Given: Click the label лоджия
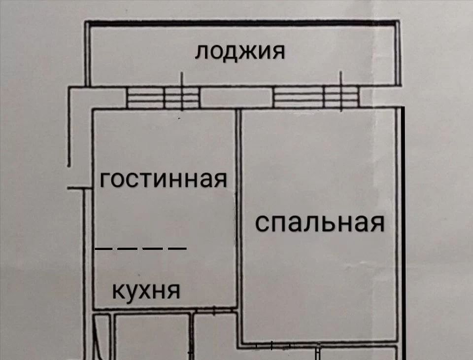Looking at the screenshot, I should point(239,52).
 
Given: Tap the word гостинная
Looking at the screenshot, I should point(163,180).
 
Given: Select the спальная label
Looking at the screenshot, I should point(320,223).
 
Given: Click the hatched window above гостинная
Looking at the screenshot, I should point(163,97).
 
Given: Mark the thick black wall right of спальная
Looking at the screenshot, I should point(403,232).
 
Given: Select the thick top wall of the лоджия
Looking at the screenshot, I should point(241,23).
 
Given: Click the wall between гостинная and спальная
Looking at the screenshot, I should point(238,207).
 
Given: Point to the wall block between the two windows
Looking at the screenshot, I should point(236,97).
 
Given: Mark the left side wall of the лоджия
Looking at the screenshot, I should point(88,54).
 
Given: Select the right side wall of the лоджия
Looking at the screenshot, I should point(397,54).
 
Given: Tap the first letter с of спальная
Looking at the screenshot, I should point(262,223).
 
